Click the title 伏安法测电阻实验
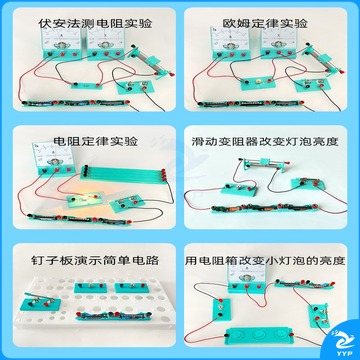coord(95,24)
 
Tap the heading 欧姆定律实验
coord(265,23)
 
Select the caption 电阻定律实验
coord(96,141)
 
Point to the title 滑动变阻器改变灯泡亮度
coord(265,142)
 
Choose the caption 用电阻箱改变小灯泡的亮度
coord(265,260)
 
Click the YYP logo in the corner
coord(341,343)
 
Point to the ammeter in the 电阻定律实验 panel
coord(53,159)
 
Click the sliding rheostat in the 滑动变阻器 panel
coord(265,163)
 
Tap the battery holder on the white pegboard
coord(114,315)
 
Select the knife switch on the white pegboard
coord(40,300)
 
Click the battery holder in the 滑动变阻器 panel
coord(264,208)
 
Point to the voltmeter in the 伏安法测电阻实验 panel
coord(106,43)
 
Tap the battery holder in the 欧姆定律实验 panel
coord(249,103)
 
